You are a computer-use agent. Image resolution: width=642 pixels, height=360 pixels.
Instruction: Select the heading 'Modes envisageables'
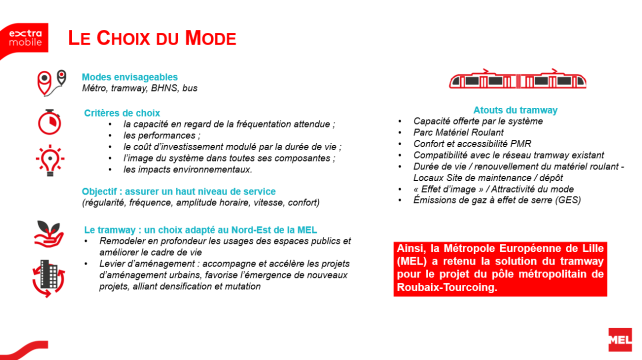click(130, 77)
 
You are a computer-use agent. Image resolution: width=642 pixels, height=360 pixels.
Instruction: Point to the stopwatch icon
click(47, 119)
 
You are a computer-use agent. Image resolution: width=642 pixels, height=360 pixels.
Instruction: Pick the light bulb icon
click(47, 159)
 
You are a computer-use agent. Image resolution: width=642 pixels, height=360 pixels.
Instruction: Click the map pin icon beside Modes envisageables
click(46, 80)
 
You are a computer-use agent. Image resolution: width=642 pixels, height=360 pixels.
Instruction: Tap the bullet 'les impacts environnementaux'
click(196, 169)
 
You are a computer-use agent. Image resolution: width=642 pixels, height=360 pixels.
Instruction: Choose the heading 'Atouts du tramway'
click(515, 110)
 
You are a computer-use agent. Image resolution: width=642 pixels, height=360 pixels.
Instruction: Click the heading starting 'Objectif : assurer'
click(178, 191)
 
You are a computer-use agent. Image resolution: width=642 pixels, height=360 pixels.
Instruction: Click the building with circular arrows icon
click(47, 274)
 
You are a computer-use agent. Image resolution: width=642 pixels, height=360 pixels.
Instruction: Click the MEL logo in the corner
click(619, 338)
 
